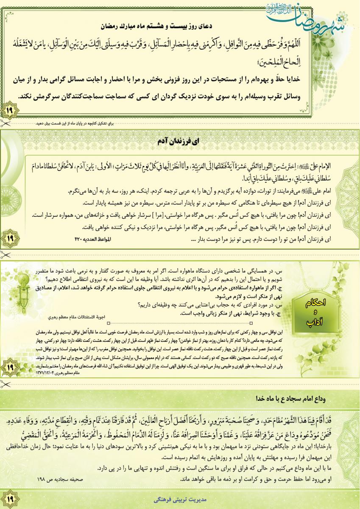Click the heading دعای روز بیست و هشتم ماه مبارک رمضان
point(180,26)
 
